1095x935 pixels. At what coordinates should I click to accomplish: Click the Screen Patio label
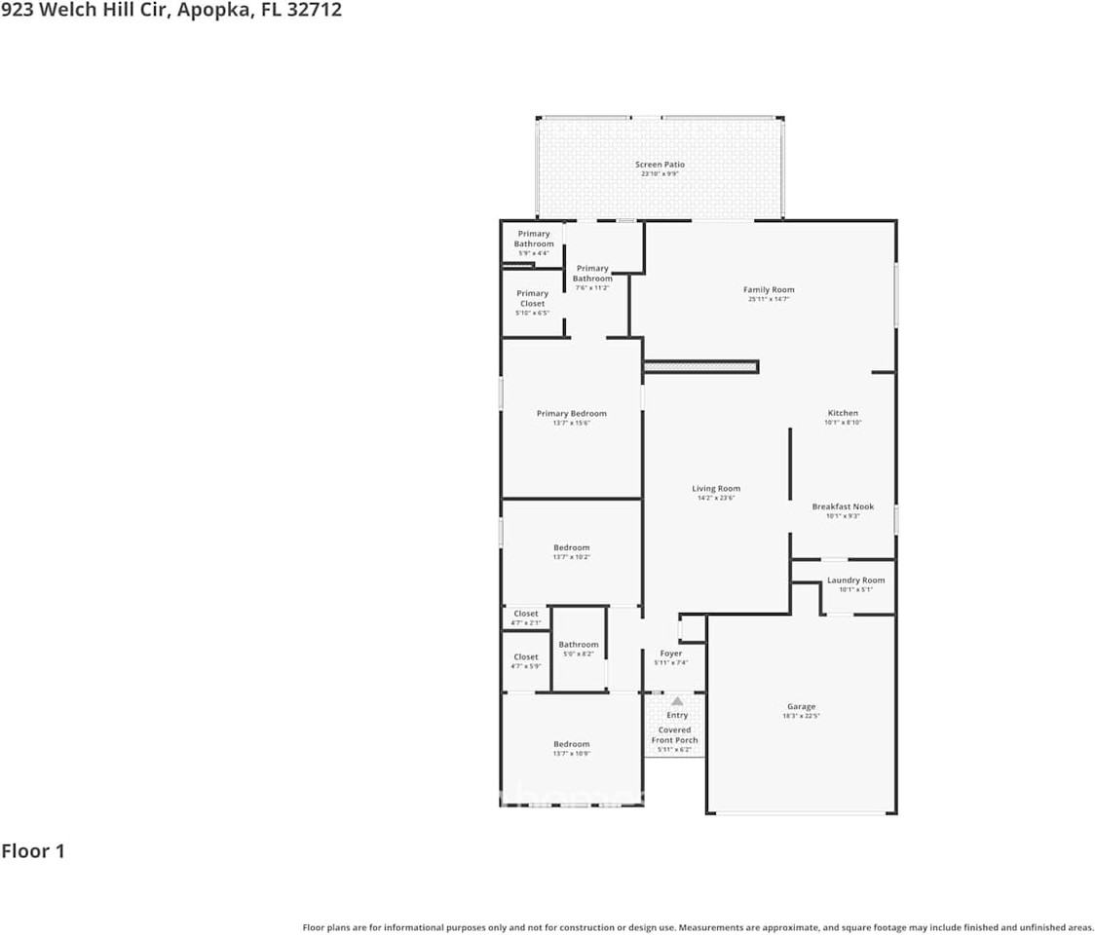click(x=660, y=165)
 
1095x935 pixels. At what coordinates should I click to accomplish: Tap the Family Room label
click(x=769, y=289)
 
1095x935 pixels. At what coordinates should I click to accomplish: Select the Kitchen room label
click(x=843, y=413)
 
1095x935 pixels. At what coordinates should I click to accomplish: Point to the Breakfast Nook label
click(x=843, y=506)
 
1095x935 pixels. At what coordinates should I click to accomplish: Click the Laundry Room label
click(x=855, y=580)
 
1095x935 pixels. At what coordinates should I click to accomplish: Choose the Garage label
click(x=801, y=707)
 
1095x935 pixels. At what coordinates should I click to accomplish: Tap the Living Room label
click(x=716, y=489)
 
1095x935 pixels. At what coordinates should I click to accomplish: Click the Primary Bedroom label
click(x=571, y=414)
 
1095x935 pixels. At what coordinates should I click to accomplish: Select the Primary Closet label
click(x=532, y=298)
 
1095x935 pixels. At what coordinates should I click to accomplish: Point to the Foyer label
click(x=670, y=654)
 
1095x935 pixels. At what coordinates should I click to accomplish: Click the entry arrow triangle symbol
click(x=677, y=700)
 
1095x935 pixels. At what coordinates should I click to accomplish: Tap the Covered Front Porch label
click(x=674, y=735)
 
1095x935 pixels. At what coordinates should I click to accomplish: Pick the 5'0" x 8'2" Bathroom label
click(x=578, y=645)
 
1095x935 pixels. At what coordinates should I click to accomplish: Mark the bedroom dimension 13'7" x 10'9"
click(x=572, y=754)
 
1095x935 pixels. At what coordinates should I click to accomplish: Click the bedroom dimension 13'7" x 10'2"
click(x=572, y=557)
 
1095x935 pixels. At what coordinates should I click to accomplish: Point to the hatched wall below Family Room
click(x=700, y=366)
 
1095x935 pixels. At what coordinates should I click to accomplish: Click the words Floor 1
click(x=33, y=851)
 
